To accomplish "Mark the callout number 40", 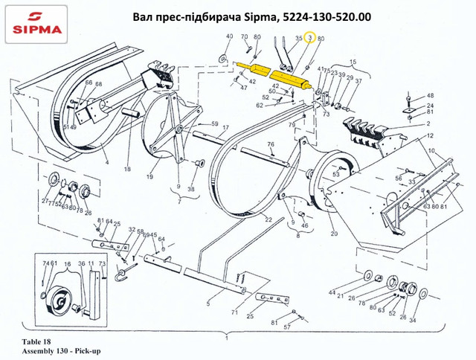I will pyautogui.click(x=229, y=37).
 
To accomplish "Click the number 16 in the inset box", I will pyautogui.click(x=68, y=264).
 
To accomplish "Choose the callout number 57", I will pyautogui.click(x=286, y=327).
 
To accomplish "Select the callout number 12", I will pyautogui.click(x=429, y=137).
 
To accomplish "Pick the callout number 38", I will pyautogui.click(x=192, y=189).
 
